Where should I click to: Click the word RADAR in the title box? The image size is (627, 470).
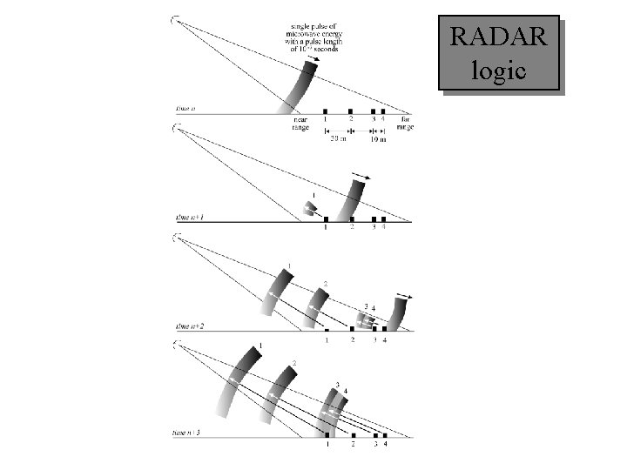[x=499, y=37]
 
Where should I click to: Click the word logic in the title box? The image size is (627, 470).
[x=498, y=70]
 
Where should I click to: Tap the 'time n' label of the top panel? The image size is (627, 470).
[x=185, y=109]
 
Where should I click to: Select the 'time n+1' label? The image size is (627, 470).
[x=191, y=218]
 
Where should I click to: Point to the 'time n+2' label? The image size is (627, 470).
[x=191, y=326]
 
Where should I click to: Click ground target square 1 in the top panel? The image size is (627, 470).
[x=325, y=111]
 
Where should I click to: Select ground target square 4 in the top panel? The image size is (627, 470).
[x=383, y=111]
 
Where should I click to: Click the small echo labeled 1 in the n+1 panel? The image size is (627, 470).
[x=310, y=207]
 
